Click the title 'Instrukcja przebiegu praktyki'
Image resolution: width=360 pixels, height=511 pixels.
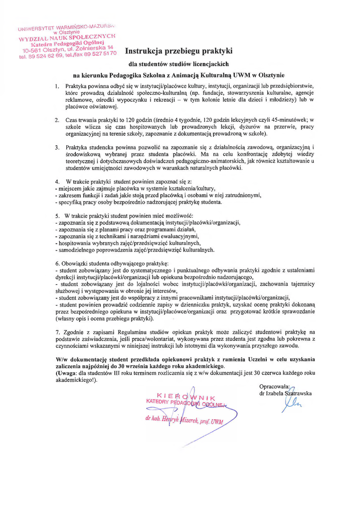pos(179,50)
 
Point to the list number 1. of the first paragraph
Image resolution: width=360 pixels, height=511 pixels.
pos(57,86)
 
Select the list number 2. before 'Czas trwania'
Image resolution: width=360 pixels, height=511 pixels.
pos(57,120)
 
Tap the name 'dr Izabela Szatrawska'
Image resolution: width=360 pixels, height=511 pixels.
pos(286,393)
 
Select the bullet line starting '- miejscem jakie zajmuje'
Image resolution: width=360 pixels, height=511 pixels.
pos(135,188)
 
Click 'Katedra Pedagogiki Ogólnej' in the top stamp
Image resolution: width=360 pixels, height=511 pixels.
pos(67,43)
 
